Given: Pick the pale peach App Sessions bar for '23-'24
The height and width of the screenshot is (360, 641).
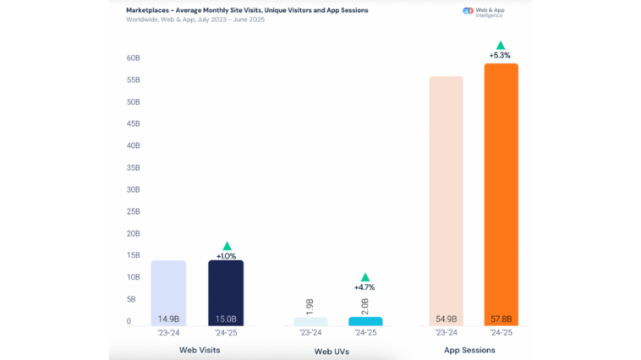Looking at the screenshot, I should (445, 199).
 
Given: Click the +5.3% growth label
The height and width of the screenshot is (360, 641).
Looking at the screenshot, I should (501, 56).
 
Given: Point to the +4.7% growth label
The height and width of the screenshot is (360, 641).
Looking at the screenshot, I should (365, 287).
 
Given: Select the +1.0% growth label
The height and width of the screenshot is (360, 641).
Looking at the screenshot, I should (226, 255).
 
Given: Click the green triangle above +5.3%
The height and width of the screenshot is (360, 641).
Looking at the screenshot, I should (501, 45).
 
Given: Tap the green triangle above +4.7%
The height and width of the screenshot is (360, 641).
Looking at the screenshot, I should (365, 276).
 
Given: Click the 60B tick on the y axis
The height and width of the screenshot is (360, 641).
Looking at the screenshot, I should (134, 57).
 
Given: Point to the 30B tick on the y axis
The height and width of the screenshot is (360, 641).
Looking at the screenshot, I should (134, 189).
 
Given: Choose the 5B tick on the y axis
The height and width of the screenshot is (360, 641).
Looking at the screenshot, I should (134, 299).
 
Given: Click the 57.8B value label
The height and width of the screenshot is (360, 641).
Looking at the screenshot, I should (501, 319).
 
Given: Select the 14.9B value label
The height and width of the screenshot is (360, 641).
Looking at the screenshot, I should (168, 319).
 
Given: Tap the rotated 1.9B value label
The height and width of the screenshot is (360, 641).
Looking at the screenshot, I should (310, 305).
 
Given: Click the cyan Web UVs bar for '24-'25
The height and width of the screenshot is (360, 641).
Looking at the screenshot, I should (365, 321).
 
